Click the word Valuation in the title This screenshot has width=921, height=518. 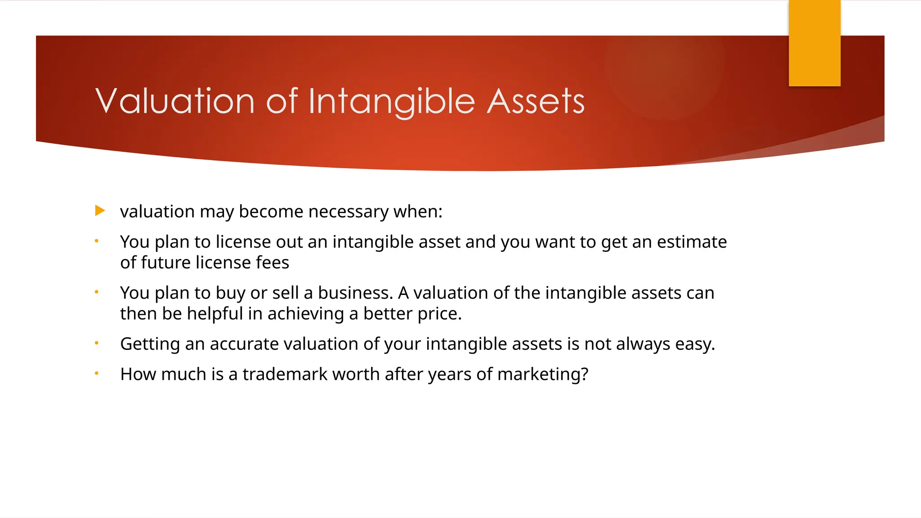(x=175, y=101)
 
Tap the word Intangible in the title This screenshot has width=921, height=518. (x=392, y=102)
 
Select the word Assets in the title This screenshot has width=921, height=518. (x=536, y=101)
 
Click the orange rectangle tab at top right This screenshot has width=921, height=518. (x=814, y=43)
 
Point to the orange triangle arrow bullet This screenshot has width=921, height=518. (x=100, y=210)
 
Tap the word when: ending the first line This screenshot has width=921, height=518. (x=418, y=212)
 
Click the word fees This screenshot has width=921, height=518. (x=273, y=263)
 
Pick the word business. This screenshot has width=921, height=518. (x=355, y=293)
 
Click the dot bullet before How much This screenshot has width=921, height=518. (x=96, y=373)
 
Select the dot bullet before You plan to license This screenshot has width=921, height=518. (x=96, y=241)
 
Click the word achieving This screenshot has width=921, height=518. (x=305, y=314)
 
